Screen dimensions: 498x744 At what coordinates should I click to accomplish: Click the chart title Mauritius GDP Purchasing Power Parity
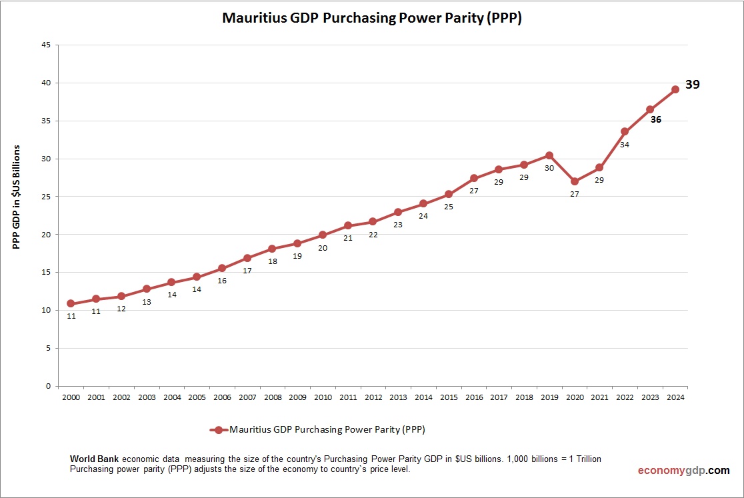click(x=371, y=18)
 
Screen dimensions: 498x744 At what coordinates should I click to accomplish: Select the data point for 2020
click(x=575, y=181)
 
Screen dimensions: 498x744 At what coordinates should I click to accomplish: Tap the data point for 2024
click(x=675, y=89)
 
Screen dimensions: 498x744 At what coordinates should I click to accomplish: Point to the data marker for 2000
click(x=71, y=303)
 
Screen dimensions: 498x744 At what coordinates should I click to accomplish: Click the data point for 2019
click(x=549, y=155)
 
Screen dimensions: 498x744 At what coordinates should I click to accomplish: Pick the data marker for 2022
click(x=625, y=131)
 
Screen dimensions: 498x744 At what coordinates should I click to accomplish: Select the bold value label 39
click(x=693, y=85)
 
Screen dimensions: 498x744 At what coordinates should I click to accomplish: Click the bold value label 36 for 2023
click(x=656, y=120)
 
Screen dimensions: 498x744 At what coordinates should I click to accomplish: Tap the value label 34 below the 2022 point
click(x=625, y=144)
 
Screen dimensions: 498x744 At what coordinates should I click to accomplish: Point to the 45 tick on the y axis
click(x=46, y=45)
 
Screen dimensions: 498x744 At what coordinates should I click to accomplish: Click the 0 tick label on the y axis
click(x=48, y=386)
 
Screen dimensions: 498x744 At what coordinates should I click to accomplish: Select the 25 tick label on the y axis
click(x=46, y=197)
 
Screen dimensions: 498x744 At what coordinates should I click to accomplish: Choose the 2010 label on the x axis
click(x=323, y=397)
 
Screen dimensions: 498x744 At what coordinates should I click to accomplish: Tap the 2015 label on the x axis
click(x=449, y=397)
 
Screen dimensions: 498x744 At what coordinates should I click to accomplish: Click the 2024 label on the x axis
click(x=675, y=397)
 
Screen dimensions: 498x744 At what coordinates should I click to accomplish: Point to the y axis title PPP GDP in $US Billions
click(x=17, y=197)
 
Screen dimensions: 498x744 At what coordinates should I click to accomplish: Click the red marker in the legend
click(x=218, y=430)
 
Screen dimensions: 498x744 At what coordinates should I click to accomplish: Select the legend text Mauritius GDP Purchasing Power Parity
click(x=327, y=430)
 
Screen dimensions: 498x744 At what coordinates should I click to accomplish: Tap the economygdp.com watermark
click(x=683, y=471)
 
